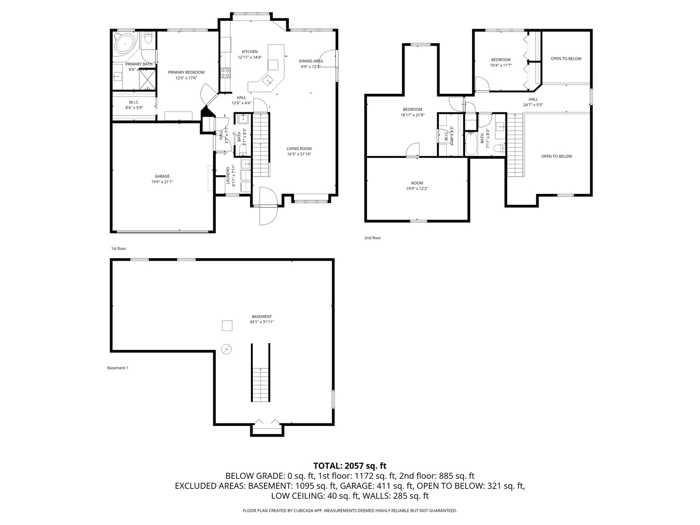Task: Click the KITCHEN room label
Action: [250, 52]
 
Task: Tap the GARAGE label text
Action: [162, 176]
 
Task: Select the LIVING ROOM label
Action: [299, 149]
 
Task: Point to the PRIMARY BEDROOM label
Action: [186, 72]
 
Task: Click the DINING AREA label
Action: [311, 61]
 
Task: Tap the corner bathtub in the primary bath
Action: [125, 44]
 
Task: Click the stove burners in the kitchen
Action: [226, 73]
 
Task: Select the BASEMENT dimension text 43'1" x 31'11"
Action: [262, 322]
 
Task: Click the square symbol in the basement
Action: [227, 326]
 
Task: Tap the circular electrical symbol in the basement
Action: [227, 349]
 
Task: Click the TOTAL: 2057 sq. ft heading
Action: [350, 466]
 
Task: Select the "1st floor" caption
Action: [118, 248]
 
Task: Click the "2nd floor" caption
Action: [372, 238]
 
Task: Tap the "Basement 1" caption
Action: [118, 368]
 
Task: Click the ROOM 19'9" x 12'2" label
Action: [417, 186]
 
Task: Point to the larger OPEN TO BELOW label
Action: [557, 157]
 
